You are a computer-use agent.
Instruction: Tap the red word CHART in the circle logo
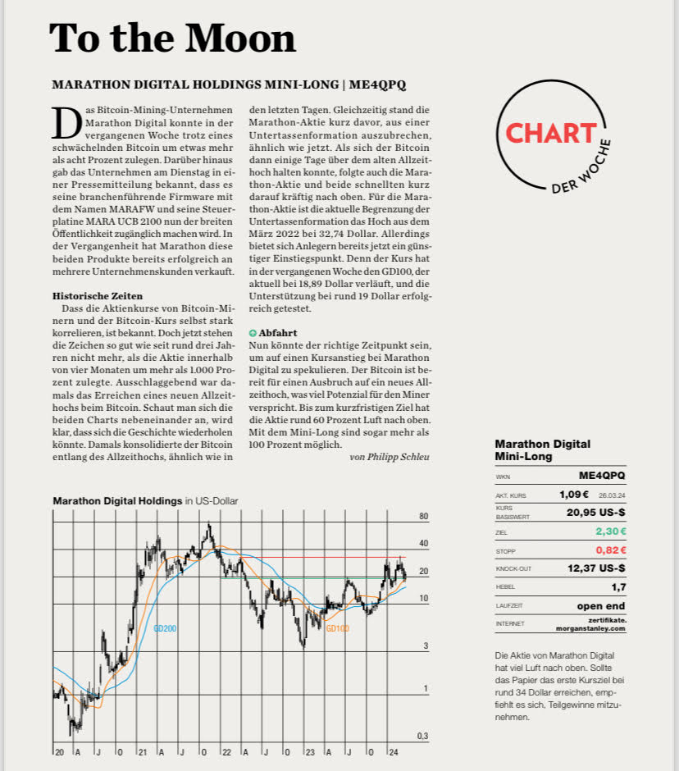pos(549,133)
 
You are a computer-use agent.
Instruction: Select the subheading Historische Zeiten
pos(98,295)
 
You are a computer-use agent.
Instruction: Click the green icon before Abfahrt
pos(253,334)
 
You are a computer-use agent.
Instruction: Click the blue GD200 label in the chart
pos(165,628)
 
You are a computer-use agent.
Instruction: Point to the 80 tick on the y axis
pos(424,517)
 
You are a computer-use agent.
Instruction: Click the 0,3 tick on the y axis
pos(422,736)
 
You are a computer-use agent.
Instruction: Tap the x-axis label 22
pos(227,751)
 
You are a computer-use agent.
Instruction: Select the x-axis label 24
pos(394,751)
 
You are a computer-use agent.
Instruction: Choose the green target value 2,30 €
pos(610,531)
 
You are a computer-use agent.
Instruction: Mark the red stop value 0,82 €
pos(610,550)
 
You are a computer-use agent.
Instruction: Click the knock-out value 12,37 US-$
pos(596,568)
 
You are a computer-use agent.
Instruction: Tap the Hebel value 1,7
pos(617,587)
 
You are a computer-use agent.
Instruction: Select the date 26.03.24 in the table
pos(612,495)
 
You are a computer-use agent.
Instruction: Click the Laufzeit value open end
pos(600,606)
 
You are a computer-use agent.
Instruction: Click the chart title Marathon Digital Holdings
pos(116,500)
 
